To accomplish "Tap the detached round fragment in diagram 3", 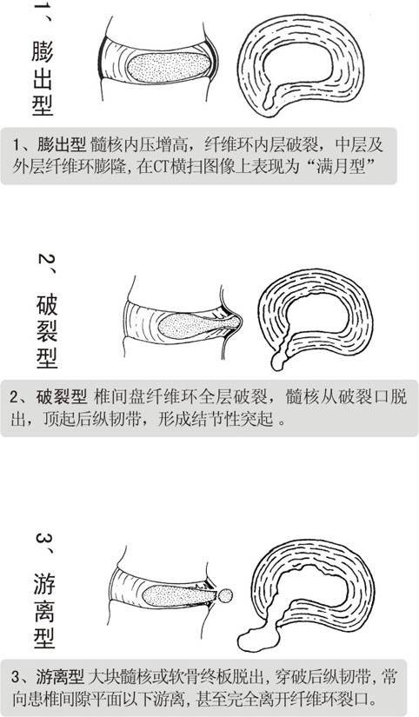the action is [224, 595].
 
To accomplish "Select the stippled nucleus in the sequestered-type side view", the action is [179, 596].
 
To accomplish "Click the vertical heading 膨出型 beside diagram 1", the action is [43, 77].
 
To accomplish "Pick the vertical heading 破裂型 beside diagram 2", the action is [47, 331].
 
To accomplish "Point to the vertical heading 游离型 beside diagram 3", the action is [44, 611].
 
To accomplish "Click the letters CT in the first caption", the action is [162, 167].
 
